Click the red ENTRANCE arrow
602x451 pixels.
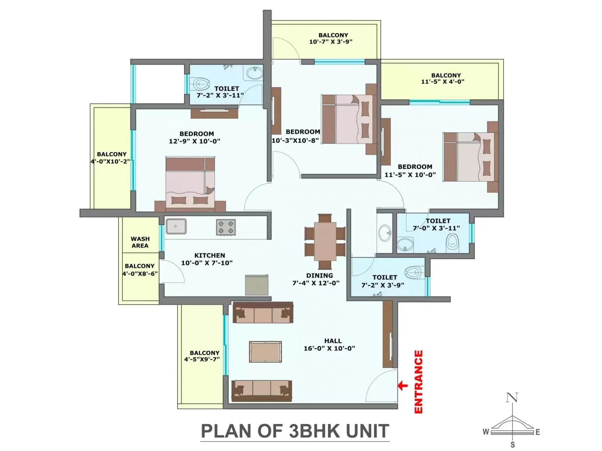click(403, 385)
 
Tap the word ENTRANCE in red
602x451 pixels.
click(418, 381)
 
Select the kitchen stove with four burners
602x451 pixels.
click(226, 227)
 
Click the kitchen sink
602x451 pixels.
click(176, 226)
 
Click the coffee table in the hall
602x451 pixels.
click(265, 352)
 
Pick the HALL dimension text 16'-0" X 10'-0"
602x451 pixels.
click(329, 348)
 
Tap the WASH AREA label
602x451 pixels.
click(140, 242)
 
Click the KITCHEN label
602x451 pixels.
click(210, 256)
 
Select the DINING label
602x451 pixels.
click(319, 275)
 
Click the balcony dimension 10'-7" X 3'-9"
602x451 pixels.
click(331, 42)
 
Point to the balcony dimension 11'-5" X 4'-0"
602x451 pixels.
click(442, 82)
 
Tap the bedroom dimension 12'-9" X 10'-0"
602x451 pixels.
click(195, 141)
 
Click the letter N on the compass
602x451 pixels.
click(512, 398)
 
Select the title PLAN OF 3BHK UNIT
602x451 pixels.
click(295, 431)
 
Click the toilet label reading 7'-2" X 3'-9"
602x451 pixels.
click(383, 285)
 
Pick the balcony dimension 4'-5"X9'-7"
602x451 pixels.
click(202, 359)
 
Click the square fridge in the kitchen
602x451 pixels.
click(257, 285)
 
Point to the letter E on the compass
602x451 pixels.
click(538, 432)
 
